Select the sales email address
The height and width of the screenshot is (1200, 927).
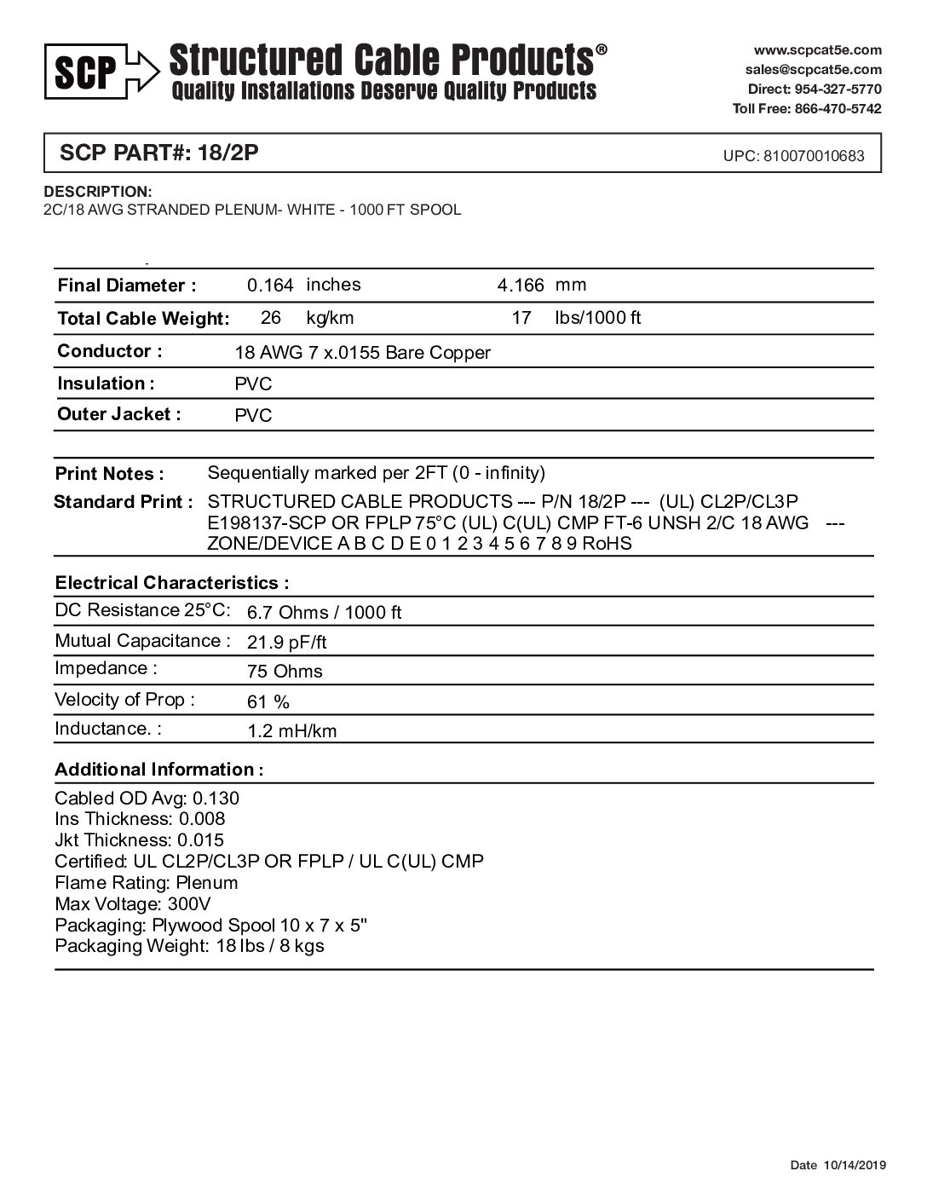[x=813, y=70]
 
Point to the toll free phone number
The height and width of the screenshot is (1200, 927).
[x=807, y=108]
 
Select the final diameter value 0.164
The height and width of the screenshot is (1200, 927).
[x=270, y=286]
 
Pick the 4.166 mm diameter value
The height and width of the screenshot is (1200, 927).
[x=521, y=286]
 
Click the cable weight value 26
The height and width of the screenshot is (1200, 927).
[x=271, y=318]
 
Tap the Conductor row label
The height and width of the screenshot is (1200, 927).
[x=109, y=351]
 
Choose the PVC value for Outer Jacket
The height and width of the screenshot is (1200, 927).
[x=253, y=416]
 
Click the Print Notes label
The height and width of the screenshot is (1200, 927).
[x=109, y=474]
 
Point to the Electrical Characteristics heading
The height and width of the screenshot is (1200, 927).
[x=171, y=584]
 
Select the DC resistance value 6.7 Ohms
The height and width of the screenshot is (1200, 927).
[x=324, y=612]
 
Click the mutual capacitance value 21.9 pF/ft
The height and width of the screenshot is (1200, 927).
[x=286, y=642]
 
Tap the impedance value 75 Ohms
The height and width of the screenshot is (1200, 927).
[x=285, y=672]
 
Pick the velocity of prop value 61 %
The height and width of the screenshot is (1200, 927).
[x=268, y=702]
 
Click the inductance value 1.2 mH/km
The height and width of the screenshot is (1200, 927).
[x=291, y=731]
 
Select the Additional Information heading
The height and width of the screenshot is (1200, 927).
[x=158, y=770]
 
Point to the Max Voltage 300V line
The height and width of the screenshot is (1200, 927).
[x=133, y=904]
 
